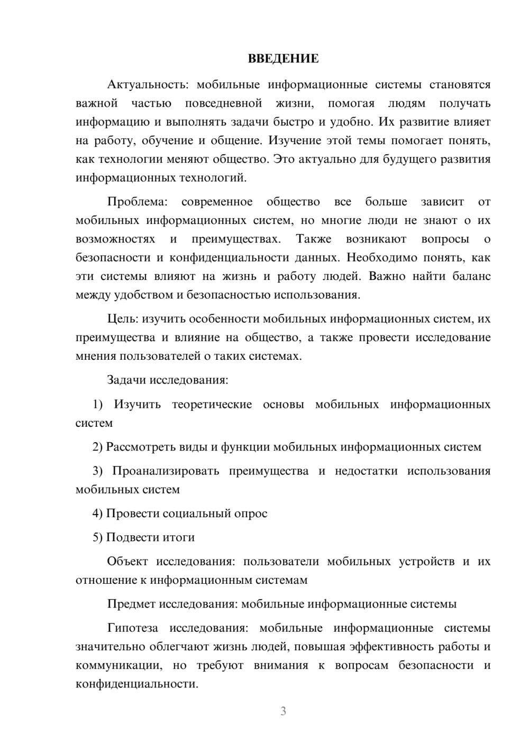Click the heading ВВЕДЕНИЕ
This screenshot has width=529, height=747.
point(283,59)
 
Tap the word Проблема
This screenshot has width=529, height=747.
point(137,202)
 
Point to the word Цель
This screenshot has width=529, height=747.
point(122,319)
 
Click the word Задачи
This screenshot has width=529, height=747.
point(126,380)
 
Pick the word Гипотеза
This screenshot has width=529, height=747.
point(132,628)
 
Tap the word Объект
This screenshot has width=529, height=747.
point(127,562)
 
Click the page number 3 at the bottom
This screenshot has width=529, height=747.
point(283,712)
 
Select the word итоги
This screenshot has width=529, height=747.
point(180,538)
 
